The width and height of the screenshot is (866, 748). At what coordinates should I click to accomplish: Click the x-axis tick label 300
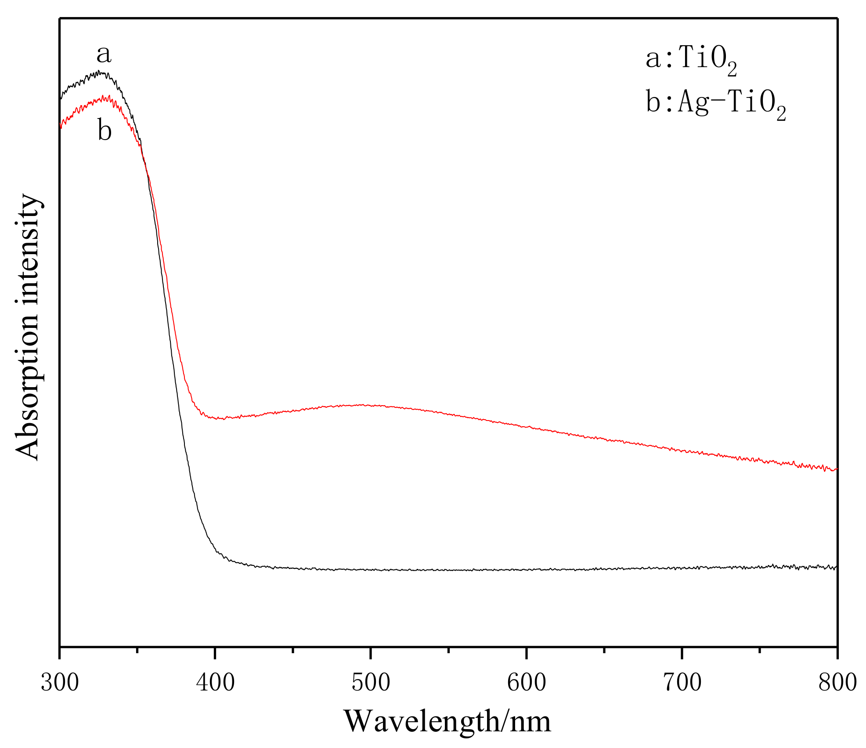(x=60, y=683)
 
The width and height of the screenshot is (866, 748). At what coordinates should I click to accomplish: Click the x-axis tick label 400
(x=215, y=683)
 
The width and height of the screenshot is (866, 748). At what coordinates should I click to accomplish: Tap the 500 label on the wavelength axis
(x=371, y=683)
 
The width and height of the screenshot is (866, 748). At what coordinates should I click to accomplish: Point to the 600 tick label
(x=526, y=683)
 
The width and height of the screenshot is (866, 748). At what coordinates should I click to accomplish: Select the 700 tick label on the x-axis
(x=682, y=683)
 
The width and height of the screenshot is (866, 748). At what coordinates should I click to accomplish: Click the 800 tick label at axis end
(x=837, y=683)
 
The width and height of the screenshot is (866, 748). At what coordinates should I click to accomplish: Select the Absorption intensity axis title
(x=27, y=327)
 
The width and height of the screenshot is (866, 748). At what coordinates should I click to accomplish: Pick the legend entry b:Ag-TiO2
(x=715, y=103)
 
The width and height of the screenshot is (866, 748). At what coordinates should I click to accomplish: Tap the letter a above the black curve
(x=104, y=54)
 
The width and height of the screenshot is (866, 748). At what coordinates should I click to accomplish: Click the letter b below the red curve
(x=105, y=131)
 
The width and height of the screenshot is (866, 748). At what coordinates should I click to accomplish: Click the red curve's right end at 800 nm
(x=836, y=469)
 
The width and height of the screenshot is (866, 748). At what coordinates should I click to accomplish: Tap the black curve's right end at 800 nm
(x=836, y=567)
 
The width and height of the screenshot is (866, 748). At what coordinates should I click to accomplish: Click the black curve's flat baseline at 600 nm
(x=526, y=570)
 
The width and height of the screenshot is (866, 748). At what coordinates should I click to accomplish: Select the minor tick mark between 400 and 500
(x=293, y=650)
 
